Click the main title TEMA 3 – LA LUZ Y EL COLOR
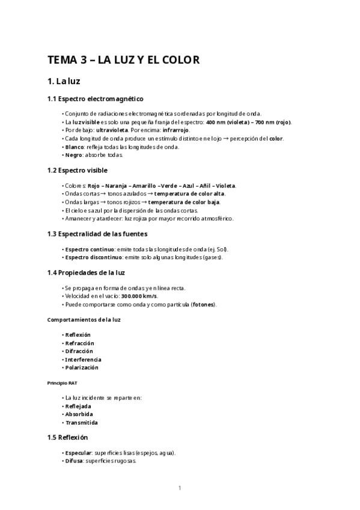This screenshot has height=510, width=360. pyautogui.click(x=123, y=60)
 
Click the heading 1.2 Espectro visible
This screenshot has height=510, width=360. pyautogui.click(x=78, y=170)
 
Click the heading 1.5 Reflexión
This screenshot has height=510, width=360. pyautogui.click(x=67, y=437)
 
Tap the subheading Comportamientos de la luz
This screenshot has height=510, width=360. pyautogui.click(x=84, y=319)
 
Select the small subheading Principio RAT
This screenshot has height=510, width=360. pyautogui.click(x=62, y=382)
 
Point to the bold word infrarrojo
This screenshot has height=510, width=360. pyautogui.click(x=175, y=130)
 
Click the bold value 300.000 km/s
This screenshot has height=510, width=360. pyautogui.click(x=139, y=296)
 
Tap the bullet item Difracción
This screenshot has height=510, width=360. pyautogui.click(x=79, y=351)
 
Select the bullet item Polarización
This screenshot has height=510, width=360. pyautogui.click(x=81, y=367)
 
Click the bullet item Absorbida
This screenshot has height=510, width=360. pyautogui.click(x=79, y=414)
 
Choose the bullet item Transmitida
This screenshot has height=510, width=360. pyautogui.click(x=81, y=422)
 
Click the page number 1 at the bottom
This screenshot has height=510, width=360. pyautogui.click(x=180, y=488)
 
